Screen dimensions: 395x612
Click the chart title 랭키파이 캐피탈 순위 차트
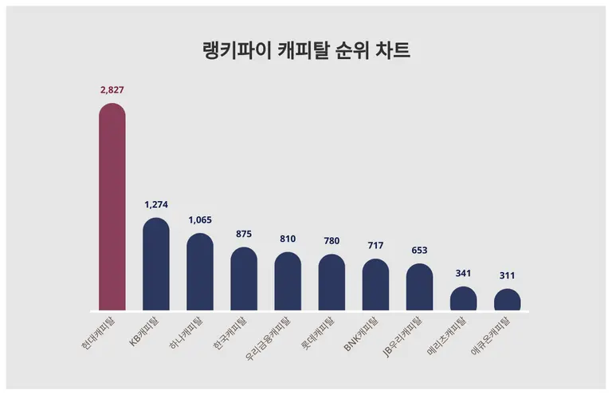click(x=306, y=51)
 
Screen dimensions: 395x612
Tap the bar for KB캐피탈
click(x=156, y=265)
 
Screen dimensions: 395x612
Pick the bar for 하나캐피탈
click(x=200, y=272)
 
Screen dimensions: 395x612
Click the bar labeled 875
click(x=244, y=279)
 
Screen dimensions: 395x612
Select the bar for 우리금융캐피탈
click(x=288, y=282)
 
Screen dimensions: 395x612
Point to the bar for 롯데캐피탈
click(x=331, y=283)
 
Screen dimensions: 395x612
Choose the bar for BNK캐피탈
click(x=375, y=285)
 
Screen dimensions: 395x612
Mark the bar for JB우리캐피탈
click(x=419, y=287)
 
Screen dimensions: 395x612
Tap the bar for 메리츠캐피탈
click(x=463, y=299)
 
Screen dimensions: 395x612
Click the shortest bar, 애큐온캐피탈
click(x=507, y=301)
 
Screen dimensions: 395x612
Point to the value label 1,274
click(x=156, y=205)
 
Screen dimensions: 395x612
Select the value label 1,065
click(x=200, y=220)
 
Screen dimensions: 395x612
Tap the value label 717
click(x=375, y=246)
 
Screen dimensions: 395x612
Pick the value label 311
click(x=507, y=275)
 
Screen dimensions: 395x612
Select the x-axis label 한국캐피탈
click(x=230, y=333)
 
